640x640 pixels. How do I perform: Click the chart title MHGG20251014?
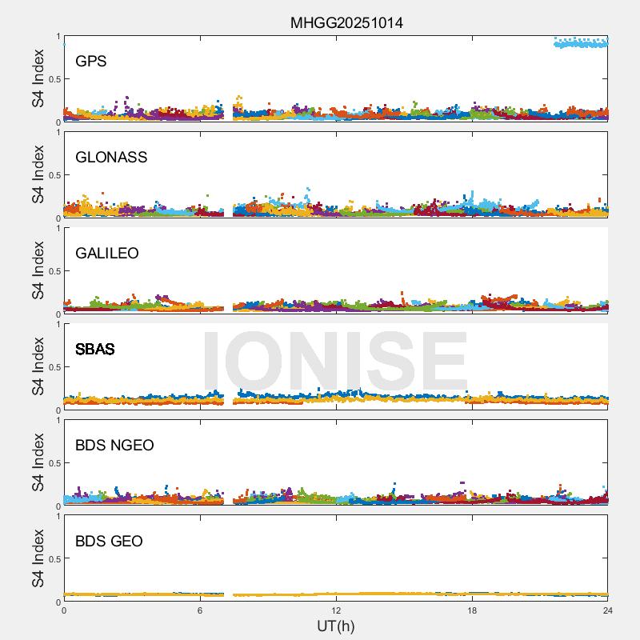346,22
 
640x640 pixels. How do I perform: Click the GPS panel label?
90,62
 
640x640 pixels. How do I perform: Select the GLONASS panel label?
111,158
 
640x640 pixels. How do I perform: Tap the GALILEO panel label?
107,254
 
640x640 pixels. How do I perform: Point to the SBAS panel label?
94,350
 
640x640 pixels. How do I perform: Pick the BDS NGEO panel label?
114,446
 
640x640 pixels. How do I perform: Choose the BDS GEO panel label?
109,542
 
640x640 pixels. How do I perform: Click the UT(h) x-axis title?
335,626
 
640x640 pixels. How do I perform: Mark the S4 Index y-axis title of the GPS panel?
38,78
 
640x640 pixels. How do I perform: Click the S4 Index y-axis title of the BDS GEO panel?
38,558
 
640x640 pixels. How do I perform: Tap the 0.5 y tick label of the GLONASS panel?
53,175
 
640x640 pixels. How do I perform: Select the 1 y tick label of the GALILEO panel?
58,229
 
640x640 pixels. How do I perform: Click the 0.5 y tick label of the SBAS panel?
53,367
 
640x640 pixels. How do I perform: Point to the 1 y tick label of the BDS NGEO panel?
58,421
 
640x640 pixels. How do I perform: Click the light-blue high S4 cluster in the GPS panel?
581,42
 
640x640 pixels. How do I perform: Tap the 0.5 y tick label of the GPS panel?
53,79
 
